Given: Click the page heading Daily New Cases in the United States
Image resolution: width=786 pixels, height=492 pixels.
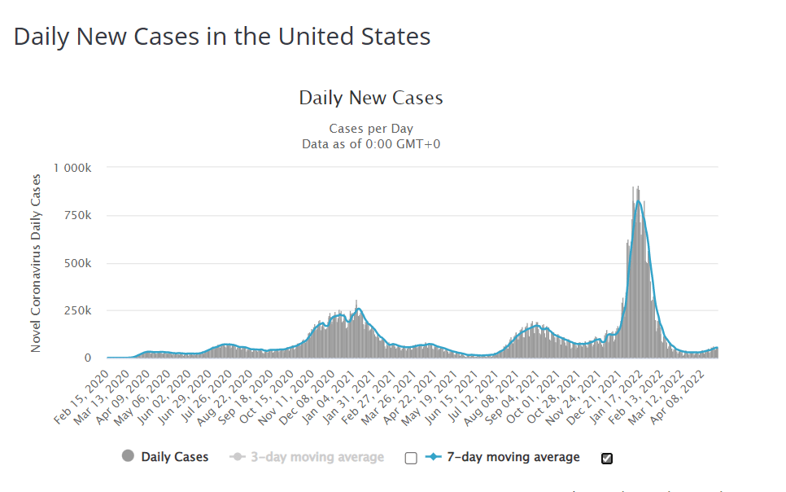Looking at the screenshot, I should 222,37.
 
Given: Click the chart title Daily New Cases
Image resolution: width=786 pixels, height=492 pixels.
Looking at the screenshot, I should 371,98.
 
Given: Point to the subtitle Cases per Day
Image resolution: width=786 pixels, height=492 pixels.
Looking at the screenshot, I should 371,129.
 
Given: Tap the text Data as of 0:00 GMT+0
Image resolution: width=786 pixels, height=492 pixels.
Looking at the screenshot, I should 371,144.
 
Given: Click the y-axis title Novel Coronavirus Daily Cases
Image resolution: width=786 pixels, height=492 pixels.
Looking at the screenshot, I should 36,262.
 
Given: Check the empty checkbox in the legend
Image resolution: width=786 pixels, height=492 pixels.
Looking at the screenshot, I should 411,458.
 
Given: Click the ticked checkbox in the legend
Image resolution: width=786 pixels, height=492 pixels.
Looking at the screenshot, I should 606,458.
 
